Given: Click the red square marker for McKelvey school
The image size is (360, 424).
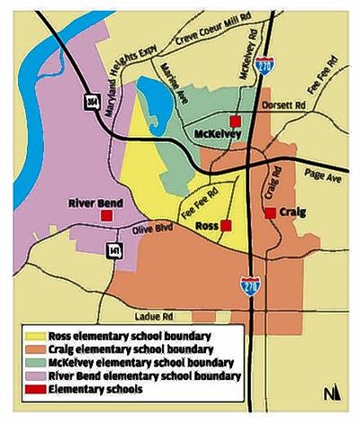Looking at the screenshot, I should coord(236,121).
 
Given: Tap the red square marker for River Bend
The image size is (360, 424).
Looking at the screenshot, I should coord(107,216).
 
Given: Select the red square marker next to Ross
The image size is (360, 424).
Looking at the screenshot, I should coord(226,225).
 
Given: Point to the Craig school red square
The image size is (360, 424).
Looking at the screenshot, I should coord(269,212).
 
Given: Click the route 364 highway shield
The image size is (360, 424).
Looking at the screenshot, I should coord(92,103).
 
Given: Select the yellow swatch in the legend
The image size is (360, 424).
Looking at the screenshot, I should coord(35,336).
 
